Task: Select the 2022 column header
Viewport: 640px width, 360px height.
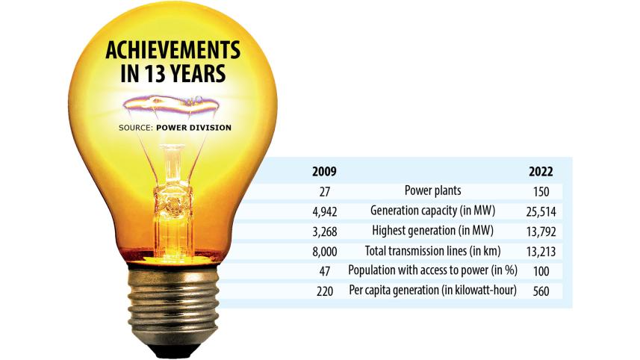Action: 540,172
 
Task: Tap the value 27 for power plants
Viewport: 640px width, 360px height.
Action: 324,191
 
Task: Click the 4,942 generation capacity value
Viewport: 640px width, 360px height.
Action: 324,211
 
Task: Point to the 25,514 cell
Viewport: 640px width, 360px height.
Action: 540,211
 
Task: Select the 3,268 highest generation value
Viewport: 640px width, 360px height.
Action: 324,231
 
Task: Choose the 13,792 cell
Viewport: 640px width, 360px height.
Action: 540,231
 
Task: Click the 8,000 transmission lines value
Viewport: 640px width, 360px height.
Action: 324,251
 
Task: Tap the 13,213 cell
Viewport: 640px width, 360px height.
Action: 540,251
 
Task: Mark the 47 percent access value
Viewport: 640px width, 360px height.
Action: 324,270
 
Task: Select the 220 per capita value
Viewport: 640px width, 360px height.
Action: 324,291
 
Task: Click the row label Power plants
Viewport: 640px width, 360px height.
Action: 432,191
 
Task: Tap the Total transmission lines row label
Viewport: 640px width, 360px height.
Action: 432,250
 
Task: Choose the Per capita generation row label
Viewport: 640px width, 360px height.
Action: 432,290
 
